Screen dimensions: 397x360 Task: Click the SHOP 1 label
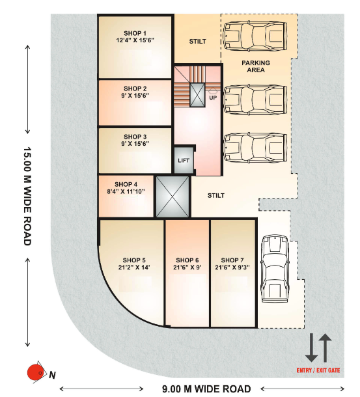(135, 33)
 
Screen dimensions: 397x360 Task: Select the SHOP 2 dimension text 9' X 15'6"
(135, 96)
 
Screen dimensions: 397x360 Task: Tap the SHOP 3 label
(135, 137)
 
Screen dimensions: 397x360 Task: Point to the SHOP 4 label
(126, 184)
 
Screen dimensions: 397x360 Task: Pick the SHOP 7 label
(232, 260)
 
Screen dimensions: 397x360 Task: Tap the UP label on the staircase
(213, 98)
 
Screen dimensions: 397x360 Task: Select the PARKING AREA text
(256, 67)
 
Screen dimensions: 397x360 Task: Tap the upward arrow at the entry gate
(326, 348)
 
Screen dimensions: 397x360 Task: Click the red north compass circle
(33, 372)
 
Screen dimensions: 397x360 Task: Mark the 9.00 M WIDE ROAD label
(206, 389)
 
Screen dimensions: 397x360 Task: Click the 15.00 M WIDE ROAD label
(27, 195)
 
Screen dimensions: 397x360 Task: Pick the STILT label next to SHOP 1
(197, 42)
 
